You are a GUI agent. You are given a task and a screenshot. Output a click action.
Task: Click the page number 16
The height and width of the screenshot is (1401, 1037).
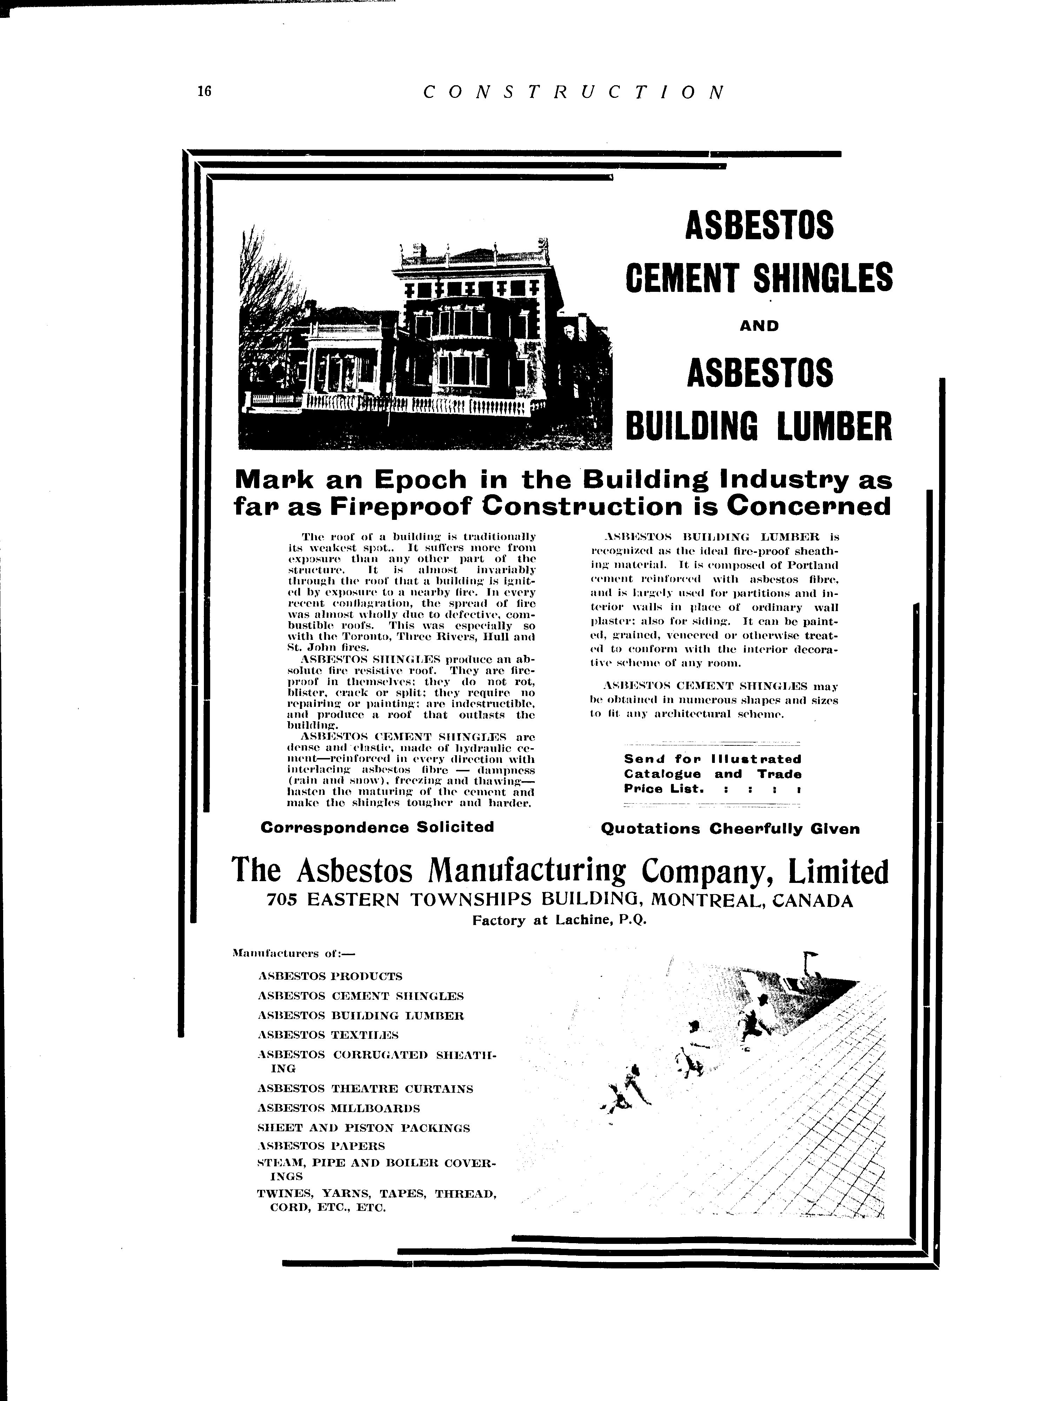[205, 91]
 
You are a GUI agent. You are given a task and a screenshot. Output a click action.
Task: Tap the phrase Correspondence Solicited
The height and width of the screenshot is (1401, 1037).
[377, 827]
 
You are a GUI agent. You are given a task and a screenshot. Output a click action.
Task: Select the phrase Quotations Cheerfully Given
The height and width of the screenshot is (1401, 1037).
[730, 829]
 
